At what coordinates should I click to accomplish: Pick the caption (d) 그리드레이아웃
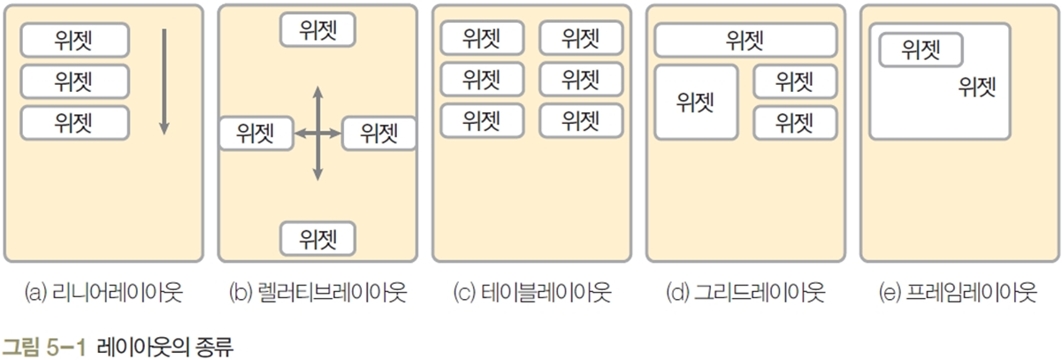click(745, 293)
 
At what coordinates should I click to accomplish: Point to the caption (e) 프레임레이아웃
click(959, 293)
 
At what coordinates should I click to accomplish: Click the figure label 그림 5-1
click(45, 343)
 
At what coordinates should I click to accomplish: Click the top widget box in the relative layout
click(317, 28)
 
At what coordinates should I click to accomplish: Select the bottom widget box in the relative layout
click(317, 237)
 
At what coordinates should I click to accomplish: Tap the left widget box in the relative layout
click(256, 134)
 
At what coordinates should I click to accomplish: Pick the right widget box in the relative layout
click(378, 134)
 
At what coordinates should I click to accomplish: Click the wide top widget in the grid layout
click(745, 41)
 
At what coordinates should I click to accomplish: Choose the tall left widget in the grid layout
click(696, 102)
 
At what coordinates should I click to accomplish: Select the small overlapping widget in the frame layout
click(920, 50)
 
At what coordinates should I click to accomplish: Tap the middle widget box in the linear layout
click(75, 81)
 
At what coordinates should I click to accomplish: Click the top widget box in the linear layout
click(75, 40)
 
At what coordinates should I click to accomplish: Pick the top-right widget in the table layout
click(580, 38)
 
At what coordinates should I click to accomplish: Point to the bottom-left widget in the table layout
click(482, 120)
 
